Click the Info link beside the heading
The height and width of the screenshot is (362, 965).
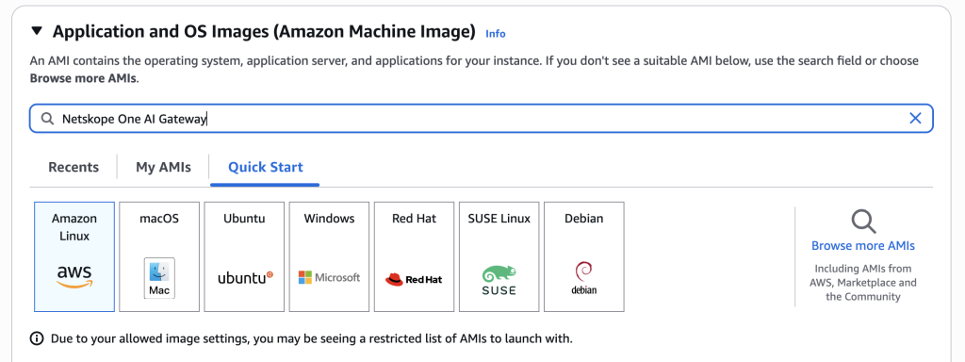click(496, 34)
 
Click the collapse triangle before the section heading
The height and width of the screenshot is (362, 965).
click(38, 31)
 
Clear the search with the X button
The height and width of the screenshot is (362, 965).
click(915, 119)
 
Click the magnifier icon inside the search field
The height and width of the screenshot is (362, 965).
click(47, 119)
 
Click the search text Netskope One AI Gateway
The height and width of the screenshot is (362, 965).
click(134, 120)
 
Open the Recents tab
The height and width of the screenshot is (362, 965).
click(74, 167)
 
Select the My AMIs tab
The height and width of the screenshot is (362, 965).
click(164, 167)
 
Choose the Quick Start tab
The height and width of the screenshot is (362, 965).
click(265, 167)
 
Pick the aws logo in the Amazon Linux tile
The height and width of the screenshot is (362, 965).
click(74, 276)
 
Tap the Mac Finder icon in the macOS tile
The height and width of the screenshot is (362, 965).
click(159, 278)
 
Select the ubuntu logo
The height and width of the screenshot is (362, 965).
click(245, 278)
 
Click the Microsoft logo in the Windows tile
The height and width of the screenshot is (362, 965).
click(329, 278)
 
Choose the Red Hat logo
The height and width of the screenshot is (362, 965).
click(414, 279)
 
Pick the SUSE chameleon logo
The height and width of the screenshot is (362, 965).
click(499, 280)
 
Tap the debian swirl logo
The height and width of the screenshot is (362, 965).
click(583, 278)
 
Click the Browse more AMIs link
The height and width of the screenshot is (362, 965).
click(863, 246)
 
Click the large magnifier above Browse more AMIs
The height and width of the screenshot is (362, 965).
click(863, 221)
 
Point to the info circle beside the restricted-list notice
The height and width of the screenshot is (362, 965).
click(37, 338)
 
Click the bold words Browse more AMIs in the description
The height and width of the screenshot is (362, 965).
click(84, 79)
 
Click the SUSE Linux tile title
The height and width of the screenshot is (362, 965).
click(499, 219)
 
